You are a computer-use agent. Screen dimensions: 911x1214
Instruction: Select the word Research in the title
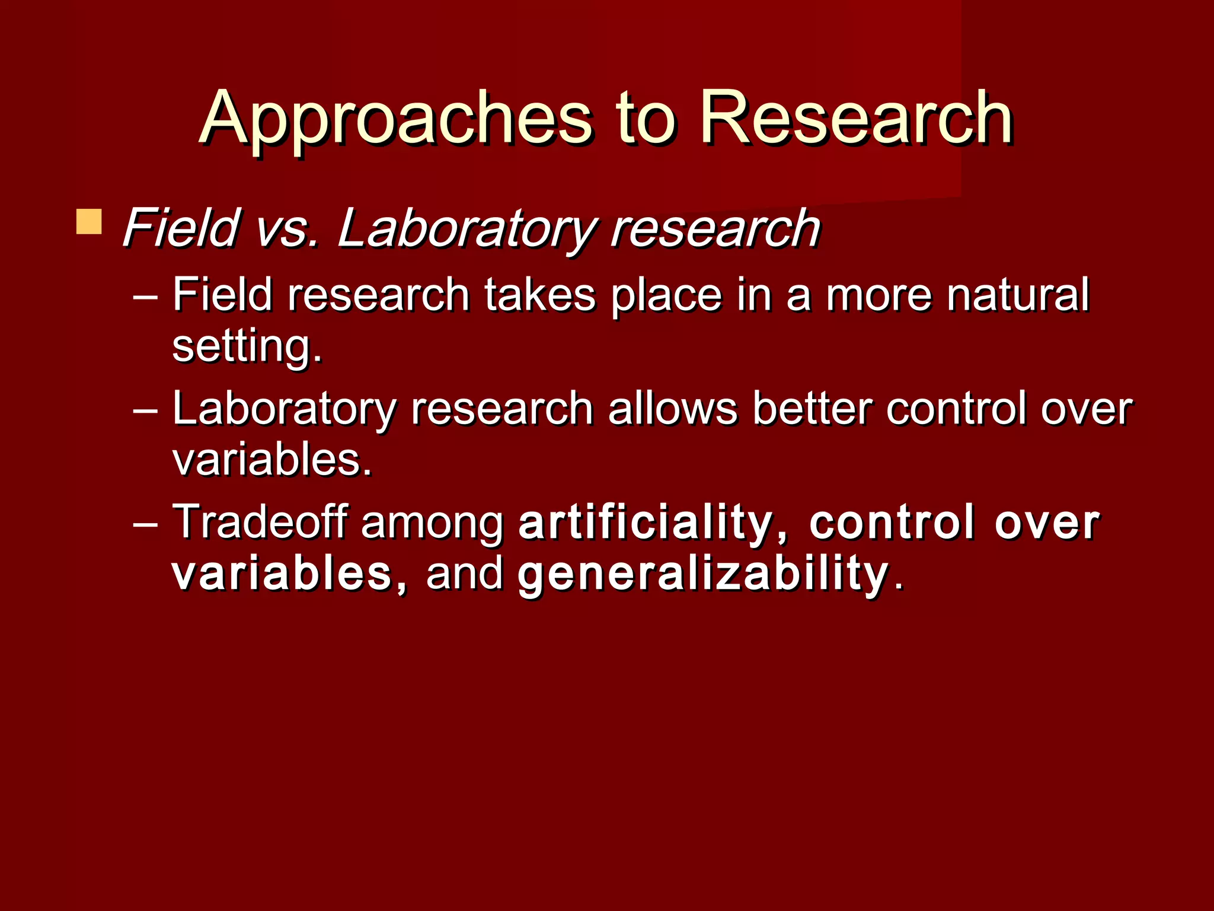coord(856,119)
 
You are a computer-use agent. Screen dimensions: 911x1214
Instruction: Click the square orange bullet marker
coord(89,222)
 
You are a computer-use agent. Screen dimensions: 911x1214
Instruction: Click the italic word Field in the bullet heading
coord(180,228)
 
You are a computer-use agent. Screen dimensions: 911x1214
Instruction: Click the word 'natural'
coord(1017,294)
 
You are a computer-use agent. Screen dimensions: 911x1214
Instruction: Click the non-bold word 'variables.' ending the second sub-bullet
coord(271,460)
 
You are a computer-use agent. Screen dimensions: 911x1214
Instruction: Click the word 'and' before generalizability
coord(464,573)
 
